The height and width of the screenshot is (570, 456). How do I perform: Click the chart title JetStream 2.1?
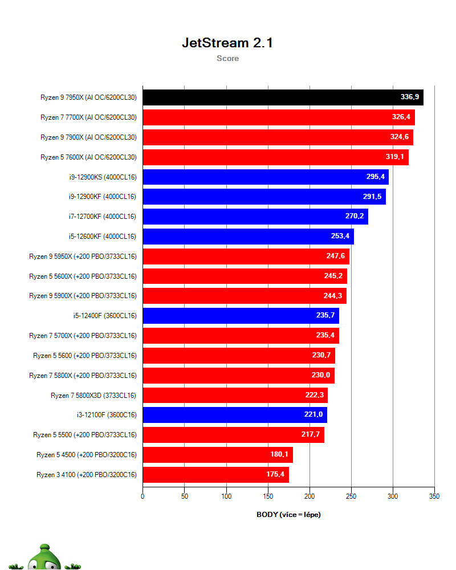coord(227,43)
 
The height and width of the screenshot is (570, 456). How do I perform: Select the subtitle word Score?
coord(227,58)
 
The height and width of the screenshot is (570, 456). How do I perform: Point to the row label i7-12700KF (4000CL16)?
coord(102,217)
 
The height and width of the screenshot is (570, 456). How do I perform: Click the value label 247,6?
coord(335,256)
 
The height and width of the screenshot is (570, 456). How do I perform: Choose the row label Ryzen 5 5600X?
coord(83,276)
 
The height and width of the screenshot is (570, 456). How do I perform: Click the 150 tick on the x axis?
coord(268,496)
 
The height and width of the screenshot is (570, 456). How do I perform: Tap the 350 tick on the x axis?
coord(434,496)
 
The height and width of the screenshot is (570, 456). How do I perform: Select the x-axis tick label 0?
coord(142,496)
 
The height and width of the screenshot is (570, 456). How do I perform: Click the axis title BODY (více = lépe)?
coord(288,515)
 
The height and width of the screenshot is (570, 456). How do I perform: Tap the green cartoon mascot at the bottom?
coord(46,559)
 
